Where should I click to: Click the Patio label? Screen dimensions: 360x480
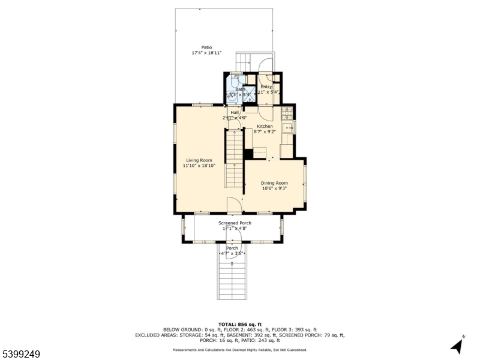(206, 47)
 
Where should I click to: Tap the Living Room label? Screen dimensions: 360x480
(199, 160)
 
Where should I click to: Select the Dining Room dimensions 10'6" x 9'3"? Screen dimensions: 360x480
(274, 188)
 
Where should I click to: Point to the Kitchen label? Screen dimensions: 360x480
(265, 126)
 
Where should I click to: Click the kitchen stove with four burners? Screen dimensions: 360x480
(286, 112)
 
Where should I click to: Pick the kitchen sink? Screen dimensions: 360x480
(287, 127)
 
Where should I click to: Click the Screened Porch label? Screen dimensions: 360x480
(235, 223)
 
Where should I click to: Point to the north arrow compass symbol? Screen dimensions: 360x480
(457, 345)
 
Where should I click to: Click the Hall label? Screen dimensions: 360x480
(235, 112)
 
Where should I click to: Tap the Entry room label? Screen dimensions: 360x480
(266, 87)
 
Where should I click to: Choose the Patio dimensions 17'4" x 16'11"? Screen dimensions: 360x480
(206, 53)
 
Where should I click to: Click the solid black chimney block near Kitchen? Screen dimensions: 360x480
(248, 153)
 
